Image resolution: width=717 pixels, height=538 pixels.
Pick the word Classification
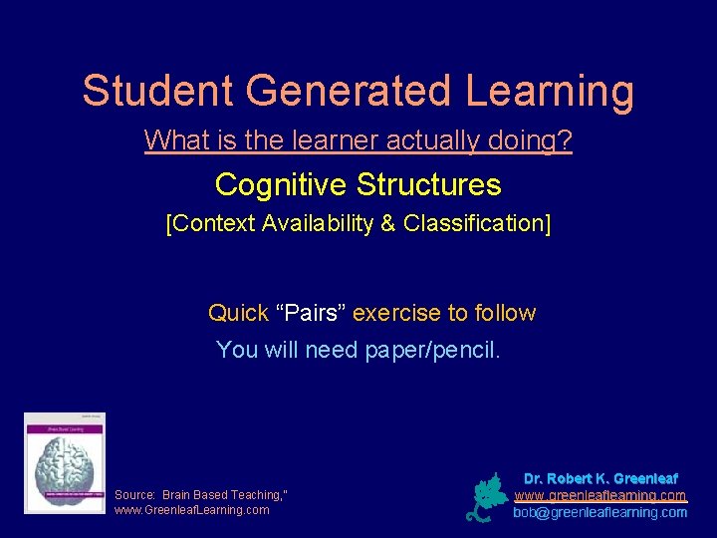[x=474, y=223]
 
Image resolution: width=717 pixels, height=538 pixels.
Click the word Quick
[x=238, y=313]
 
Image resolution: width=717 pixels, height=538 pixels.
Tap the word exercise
[x=396, y=313]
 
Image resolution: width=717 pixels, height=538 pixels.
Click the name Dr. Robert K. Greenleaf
[x=600, y=479]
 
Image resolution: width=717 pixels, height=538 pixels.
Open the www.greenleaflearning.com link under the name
[x=600, y=495]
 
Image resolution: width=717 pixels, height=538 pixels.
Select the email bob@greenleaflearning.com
[x=600, y=512]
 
